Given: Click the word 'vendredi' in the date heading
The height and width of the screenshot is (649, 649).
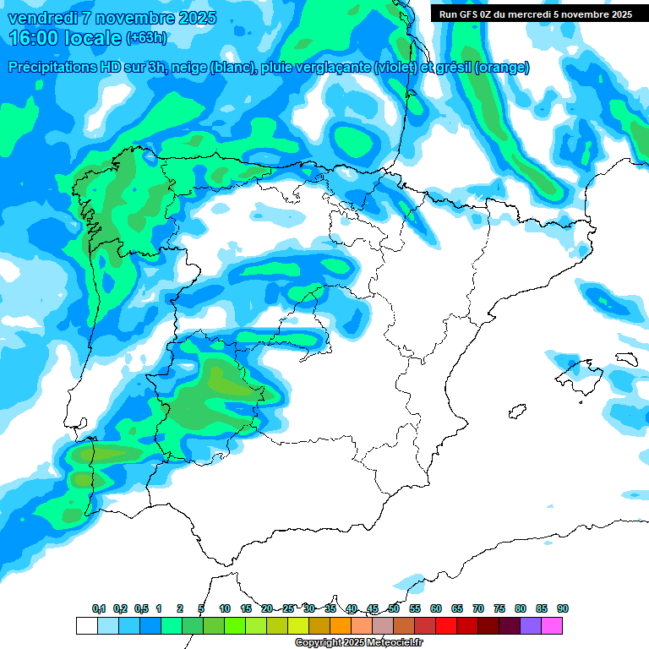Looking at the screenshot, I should tap(43, 18).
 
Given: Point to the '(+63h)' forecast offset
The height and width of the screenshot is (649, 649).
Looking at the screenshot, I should tap(146, 38).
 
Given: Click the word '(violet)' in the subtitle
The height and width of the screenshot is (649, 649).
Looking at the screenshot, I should tap(395, 68).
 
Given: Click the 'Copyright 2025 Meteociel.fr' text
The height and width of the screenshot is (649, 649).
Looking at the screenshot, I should tap(358, 643).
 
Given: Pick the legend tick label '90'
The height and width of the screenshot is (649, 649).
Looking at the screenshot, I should tap(563, 608).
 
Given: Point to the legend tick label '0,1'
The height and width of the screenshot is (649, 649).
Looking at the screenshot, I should tap(99, 608).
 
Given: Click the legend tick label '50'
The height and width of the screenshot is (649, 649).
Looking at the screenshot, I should tap(394, 608).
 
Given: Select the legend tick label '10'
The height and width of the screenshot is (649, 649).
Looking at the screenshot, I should tap(225, 608).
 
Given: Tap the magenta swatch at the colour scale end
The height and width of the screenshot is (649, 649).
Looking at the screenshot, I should tap(552, 625).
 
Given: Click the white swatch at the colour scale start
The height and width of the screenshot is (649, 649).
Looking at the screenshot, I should tap(86, 625).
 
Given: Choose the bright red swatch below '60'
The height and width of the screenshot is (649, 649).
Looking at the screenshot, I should tap(446, 625).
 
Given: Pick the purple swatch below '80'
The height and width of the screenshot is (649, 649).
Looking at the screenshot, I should tap(531, 625).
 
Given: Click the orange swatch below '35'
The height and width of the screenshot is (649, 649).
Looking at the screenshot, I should tap(341, 625).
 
